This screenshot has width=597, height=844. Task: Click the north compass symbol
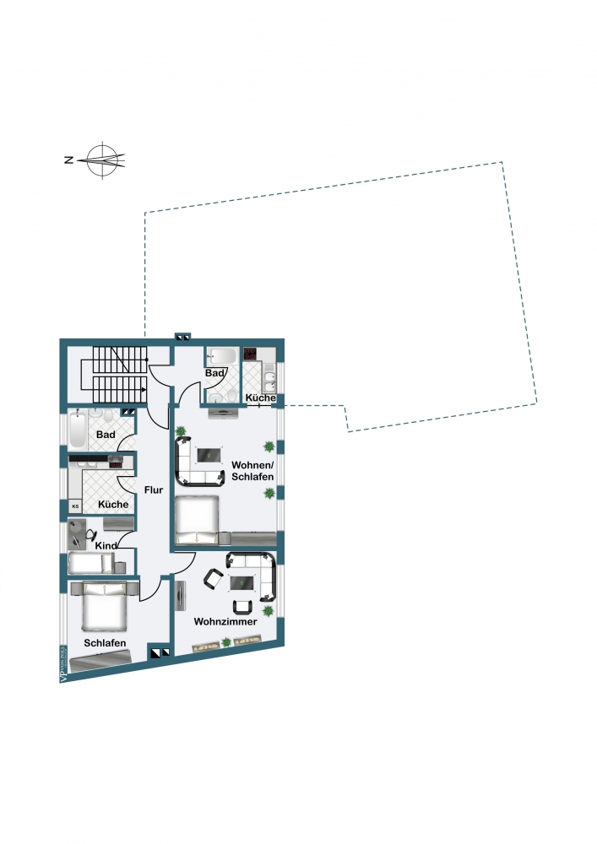pyautogui.click(x=103, y=159)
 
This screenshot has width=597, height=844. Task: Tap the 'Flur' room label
pyautogui.click(x=153, y=490)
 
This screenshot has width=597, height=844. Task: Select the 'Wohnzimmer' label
pyautogui.click(x=225, y=621)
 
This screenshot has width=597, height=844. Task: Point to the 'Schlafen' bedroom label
pyautogui.click(x=106, y=643)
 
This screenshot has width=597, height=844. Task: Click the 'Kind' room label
pyautogui.click(x=106, y=546)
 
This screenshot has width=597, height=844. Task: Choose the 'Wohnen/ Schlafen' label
pyautogui.click(x=252, y=470)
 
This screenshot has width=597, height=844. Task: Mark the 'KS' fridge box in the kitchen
pyautogui.click(x=74, y=506)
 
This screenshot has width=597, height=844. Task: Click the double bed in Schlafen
pyautogui.click(x=104, y=608)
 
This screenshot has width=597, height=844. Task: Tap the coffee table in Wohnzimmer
pyautogui.click(x=245, y=582)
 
